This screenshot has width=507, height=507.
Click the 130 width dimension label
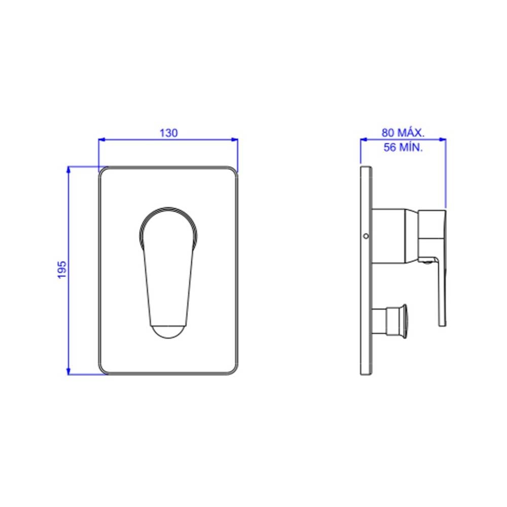(x=168, y=133)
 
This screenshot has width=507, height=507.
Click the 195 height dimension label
(x=62, y=270)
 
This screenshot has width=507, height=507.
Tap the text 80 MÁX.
(x=403, y=132)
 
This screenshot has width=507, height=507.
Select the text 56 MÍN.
(x=403, y=148)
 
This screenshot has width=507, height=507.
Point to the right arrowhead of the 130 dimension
(x=234, y=140)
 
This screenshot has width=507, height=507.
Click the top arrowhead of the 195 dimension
(x=68, y=170)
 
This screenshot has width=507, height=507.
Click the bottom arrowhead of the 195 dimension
(x=68, y=371)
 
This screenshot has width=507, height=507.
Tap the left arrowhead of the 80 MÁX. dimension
(x=364, y=140)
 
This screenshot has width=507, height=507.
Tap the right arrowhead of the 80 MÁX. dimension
(x=442, y=140)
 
